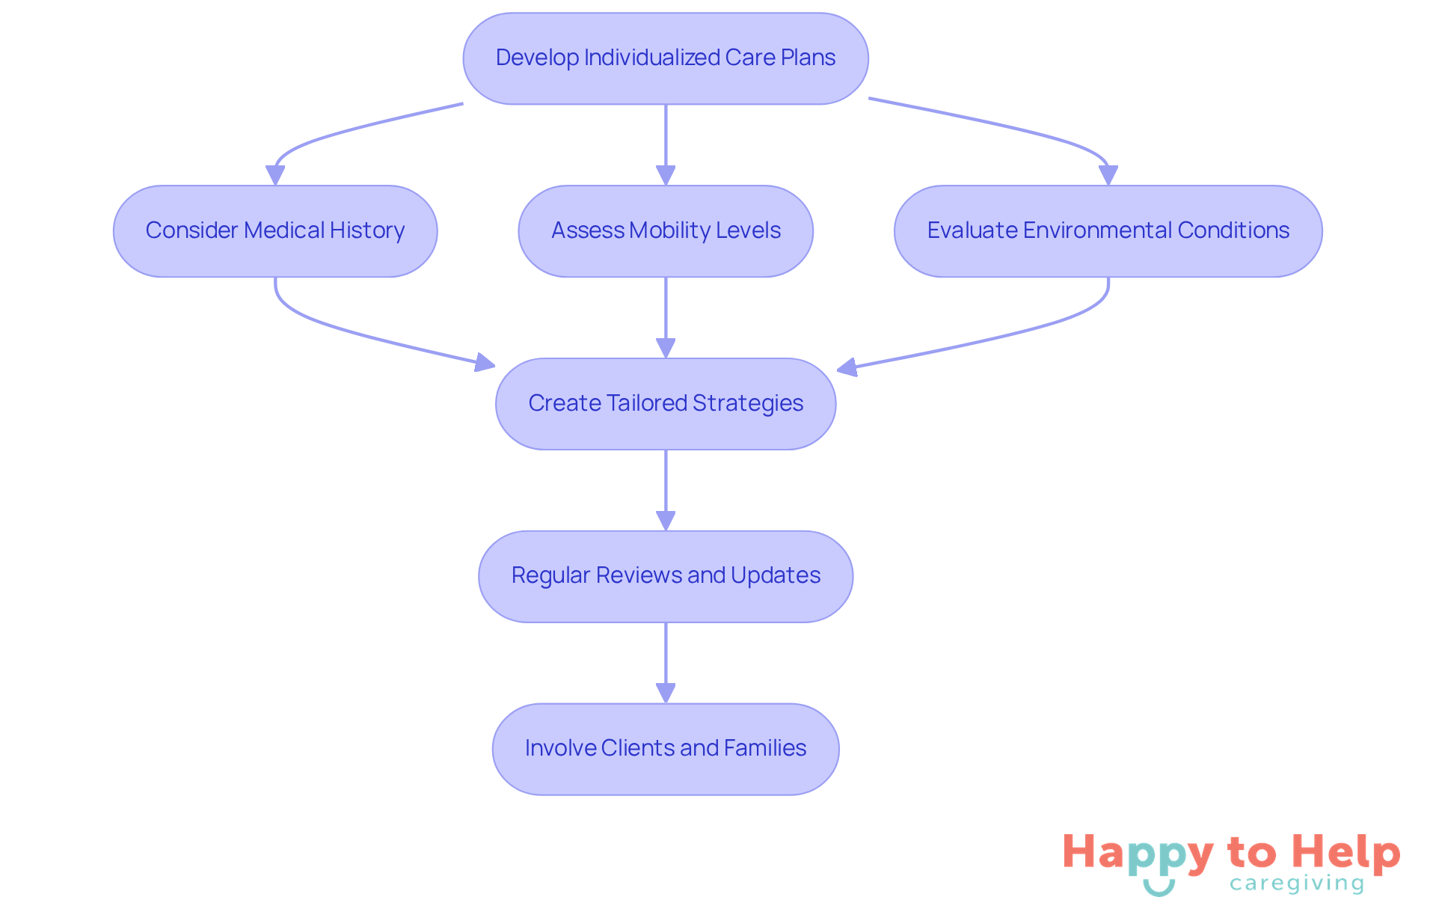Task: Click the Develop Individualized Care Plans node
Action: pos(666,58)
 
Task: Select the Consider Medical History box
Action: pos(275,231)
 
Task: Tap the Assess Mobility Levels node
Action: pos(666,231)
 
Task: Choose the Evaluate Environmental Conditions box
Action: pos(1108,231)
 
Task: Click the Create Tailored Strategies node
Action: pos(666,404)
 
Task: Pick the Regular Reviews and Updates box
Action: pos(666,576)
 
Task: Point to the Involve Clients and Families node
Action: pos(666,749)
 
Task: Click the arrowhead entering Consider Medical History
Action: pos(275,175)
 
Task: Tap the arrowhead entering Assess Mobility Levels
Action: pos(666,175)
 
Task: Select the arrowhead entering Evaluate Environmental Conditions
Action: pos(1108,175)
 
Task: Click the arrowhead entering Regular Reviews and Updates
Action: pos(666,521)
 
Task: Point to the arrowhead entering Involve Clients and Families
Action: pos(666,693)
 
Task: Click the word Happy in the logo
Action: pos(1138,854)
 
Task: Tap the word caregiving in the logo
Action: pos(1297,884)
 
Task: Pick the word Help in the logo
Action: pos(1346,852)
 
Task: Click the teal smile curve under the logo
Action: pos(1159,888)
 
